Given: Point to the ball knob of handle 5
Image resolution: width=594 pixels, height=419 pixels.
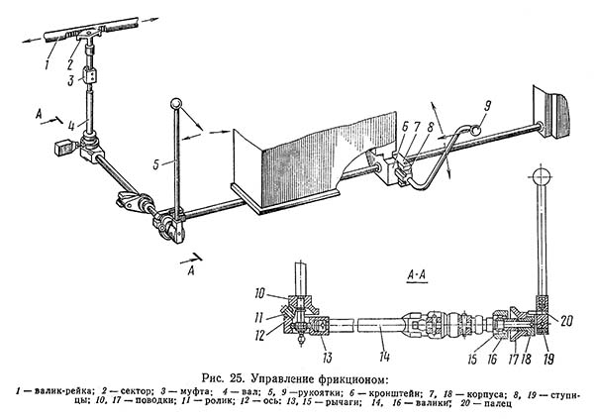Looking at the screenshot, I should (x=175, y=104).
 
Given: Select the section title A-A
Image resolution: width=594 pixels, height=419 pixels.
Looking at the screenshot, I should (x=417, y=269).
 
